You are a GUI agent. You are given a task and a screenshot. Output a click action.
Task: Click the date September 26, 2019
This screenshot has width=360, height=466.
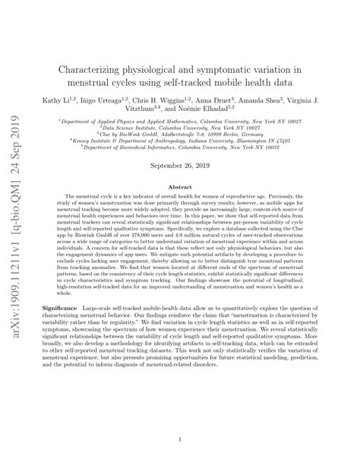pyautogui.click(x=180, y=166)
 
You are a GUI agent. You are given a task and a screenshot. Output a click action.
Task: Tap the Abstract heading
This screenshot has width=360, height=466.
pyautogui.click(x=180, y=186)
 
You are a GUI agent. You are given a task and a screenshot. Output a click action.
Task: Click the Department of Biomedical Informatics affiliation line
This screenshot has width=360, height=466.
pyautogui.click(x=180, y=147)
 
